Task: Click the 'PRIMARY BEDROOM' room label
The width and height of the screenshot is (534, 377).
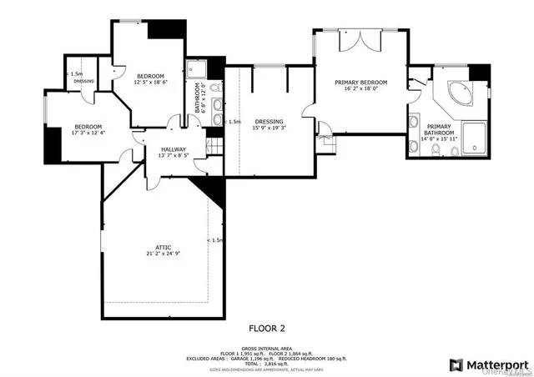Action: point(361,83)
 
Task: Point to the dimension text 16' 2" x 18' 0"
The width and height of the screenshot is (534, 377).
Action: point(361,90)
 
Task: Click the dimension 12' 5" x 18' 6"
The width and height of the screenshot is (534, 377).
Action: point(151,82)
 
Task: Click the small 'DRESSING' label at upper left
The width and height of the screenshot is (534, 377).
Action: point(83,81)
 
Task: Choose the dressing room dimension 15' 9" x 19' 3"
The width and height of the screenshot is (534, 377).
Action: point(269,128)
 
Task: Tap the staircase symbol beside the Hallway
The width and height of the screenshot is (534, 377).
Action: point(214,147)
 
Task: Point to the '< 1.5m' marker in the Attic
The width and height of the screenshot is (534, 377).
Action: point(215,240)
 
